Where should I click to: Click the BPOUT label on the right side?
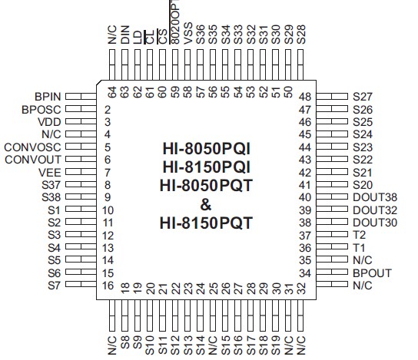(x=372, y=272)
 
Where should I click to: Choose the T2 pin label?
(x=359, y=235)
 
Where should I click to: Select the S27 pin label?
(x=363, y=97)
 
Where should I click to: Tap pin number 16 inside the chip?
(x=108, y=285)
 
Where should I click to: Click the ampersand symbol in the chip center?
(x=205, y=205)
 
